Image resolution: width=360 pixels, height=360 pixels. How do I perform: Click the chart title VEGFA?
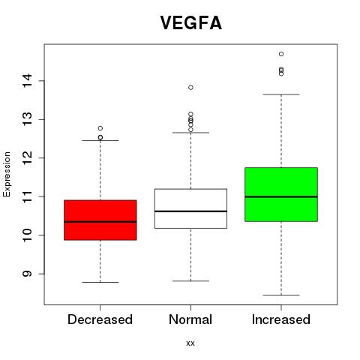pos(190,23)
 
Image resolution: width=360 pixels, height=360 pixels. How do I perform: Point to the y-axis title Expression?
pos(7,174)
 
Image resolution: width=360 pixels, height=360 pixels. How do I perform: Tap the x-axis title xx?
pos(190,343)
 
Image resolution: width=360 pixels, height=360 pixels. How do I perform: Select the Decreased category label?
pos(100,319)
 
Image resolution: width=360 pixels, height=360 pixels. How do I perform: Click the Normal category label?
pos(190,319)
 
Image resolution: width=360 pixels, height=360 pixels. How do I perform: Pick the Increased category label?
pos(281,319)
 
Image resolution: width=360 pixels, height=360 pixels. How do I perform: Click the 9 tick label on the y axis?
pos(27,274)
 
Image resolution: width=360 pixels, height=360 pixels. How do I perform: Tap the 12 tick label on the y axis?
pos(27,158)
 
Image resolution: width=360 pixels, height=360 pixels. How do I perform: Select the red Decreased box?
pos(100,220)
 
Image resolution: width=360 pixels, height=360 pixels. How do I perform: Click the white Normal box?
pos(190,208)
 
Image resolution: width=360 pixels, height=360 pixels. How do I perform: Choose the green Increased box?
pos(281,194)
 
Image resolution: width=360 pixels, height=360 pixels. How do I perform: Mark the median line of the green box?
pos(281,196)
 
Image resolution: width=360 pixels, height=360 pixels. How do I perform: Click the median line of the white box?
pos(190,211)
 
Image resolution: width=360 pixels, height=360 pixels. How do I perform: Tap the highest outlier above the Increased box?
pos(281,54)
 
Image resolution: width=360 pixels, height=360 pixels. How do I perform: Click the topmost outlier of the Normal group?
pos(190,88)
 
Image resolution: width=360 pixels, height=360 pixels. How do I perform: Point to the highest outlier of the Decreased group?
pos(100,128)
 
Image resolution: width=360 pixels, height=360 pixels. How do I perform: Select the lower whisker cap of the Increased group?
pos(281,295)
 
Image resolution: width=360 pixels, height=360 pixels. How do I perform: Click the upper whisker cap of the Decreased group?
pos(100,140)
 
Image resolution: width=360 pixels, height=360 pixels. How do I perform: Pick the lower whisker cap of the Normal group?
pos(190,281)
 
